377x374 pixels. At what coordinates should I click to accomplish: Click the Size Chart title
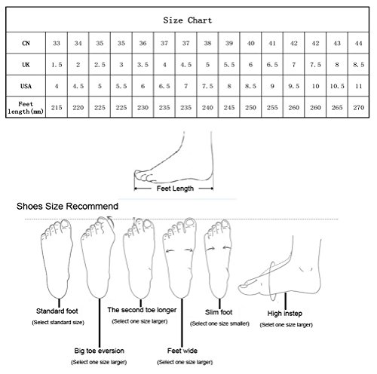point(188,20)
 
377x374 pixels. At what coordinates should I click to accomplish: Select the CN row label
point(26,43)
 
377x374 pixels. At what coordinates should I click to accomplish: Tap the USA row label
point(26,86)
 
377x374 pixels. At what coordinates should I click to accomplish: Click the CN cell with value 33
point(57,43)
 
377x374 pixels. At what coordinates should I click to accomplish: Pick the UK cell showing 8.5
point(358,65)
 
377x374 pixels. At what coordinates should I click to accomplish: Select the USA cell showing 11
point(358,86)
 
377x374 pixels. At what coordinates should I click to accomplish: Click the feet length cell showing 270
point(358,108)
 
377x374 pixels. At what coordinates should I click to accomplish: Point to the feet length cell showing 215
point(57,108)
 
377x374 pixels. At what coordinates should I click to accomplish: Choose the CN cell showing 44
point(358,43)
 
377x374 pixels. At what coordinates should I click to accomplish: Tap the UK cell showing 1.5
point(57,65)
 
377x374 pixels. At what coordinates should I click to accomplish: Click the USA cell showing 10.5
point(337,86)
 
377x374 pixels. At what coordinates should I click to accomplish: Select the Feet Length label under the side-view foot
point(175,189)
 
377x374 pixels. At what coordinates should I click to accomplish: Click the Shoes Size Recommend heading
point(67,207)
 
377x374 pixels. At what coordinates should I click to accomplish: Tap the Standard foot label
point(57,311)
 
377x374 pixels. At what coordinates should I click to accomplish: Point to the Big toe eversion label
point(99,351)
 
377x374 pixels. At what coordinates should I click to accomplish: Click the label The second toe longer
point(142,310)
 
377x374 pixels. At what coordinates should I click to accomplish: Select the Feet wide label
point(182,351)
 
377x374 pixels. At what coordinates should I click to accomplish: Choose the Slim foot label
point(219,312)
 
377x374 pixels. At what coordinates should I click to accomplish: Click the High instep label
point(285,314)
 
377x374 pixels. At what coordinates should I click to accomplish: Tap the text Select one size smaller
point(219,323)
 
